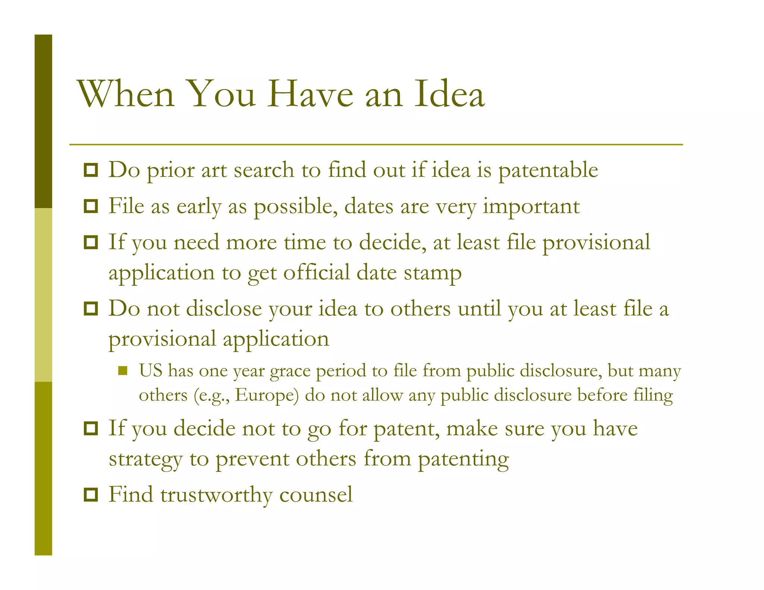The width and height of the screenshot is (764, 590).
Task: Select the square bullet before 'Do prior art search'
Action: [x=91, y=170]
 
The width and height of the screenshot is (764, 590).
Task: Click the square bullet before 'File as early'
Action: [x=91, y=206]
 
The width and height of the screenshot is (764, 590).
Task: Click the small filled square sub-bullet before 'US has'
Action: [x=123, y=371]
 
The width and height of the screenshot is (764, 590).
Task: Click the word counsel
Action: [x=316, y=495]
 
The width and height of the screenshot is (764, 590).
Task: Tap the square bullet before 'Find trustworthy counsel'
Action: [x=91, y=495]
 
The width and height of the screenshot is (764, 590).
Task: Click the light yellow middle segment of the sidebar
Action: [x=43, y=295]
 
